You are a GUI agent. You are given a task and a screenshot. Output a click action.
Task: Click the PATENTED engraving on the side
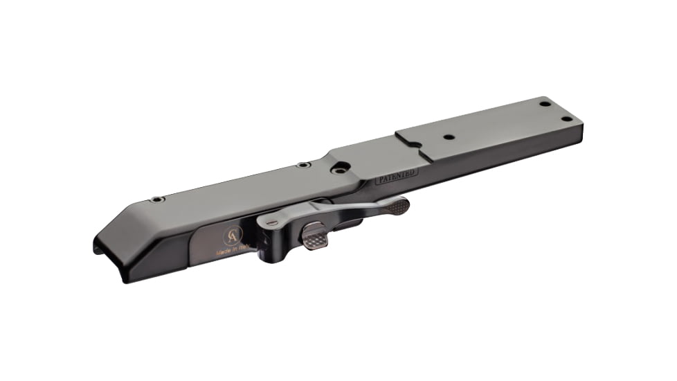pyautogui.click(x=397, y=177)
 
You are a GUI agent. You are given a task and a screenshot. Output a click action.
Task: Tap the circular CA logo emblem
pyautogui.click(x=232, y=237)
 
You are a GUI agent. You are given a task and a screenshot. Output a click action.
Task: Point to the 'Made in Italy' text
pyautogui.click(x=234, y=253)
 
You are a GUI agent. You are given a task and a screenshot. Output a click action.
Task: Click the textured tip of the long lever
pyautogui.click(x=396, y=204)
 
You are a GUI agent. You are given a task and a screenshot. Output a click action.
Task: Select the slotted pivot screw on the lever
pyautogui.click(x=273, y=222)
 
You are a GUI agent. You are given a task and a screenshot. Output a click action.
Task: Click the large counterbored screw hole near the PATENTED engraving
pyautogui.click(x=339, y=168)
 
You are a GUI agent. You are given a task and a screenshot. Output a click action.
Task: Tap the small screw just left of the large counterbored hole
pyautogui.click(x=303, y=165)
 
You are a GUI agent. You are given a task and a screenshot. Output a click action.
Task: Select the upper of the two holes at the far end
pyautogui.click(x=545, y=104)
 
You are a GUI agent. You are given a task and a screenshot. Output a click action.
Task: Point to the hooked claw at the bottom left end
pyautogui.click(x=102, y=250)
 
